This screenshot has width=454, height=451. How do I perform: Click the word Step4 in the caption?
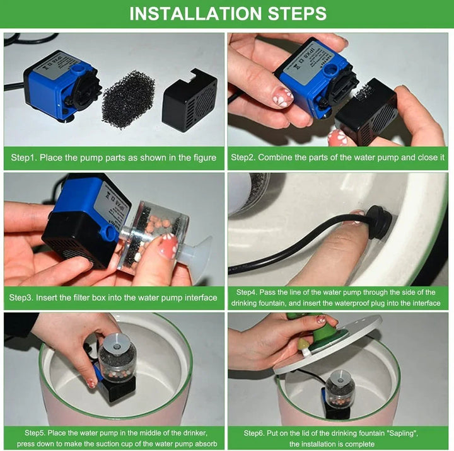click(x=248, y=292)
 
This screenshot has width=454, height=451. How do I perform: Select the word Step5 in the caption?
click(x=37, y=433)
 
